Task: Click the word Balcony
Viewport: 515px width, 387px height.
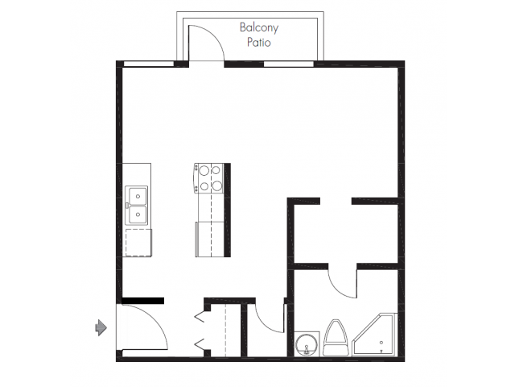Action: click(x=257, y=27)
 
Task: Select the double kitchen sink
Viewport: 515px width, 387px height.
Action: click(x=137, y=205)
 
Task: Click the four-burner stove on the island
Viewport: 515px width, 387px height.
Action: click(x=209, y=178)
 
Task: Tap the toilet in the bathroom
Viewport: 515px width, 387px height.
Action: click(x=336, y=338)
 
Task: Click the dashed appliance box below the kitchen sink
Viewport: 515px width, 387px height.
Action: click(x=138, y=242)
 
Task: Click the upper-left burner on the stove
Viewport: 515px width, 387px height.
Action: click(x=204, y=171)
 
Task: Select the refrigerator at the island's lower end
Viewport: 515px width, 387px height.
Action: click(x=209, y=239)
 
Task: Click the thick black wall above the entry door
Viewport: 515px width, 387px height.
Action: click(x=142, y=301)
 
